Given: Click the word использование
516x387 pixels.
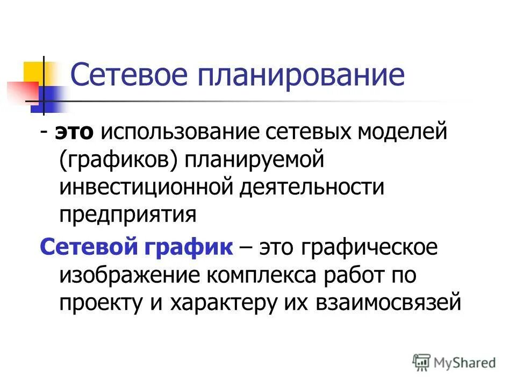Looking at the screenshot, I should point(175,132).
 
